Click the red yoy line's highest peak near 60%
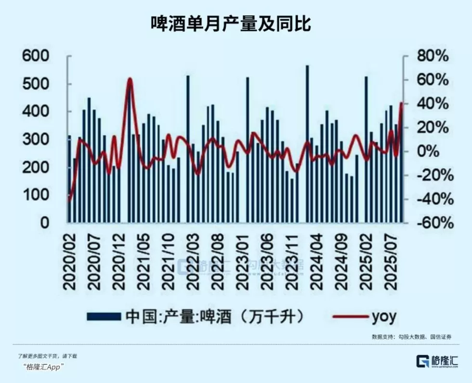point(129,79)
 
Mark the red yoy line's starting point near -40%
point(69,199)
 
